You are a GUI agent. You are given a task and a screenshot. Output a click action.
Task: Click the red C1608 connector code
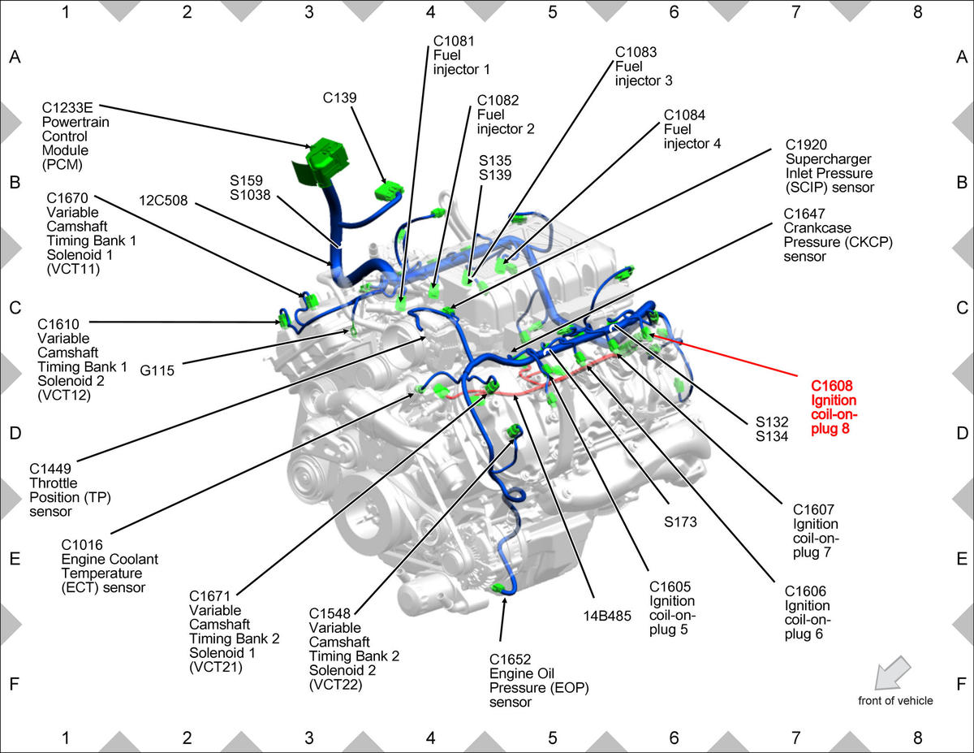[831, 386]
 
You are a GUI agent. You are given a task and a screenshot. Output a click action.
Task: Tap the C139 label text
[339, 97]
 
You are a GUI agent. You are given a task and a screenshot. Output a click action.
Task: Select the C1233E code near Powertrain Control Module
[67, 108]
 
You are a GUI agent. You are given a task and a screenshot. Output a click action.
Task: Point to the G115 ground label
[157, 370]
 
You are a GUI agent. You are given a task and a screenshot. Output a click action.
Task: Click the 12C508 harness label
[163, 200]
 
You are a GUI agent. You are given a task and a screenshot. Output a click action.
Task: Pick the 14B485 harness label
[607, 616]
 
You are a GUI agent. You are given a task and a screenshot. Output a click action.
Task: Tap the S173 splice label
[680, 521]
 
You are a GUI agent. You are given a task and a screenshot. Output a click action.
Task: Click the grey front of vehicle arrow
[892, 673]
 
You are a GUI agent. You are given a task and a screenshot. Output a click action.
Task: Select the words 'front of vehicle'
[895, 700]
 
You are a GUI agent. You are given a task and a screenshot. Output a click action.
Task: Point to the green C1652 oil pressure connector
[498, 588]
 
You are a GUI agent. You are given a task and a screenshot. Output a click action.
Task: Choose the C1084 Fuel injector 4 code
[684, 115]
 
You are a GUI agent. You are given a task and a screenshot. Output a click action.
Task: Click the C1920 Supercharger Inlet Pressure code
[806, 145]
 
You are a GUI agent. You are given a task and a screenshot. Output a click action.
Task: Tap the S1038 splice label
[250, 195]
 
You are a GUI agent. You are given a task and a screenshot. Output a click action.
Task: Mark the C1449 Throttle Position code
[50, 469]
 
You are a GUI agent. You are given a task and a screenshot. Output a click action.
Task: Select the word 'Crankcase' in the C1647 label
[817, 227]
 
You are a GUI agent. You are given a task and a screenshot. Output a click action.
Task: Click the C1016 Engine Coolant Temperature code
[82, 545]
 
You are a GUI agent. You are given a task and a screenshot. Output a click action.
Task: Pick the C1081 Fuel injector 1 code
[454, 41]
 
